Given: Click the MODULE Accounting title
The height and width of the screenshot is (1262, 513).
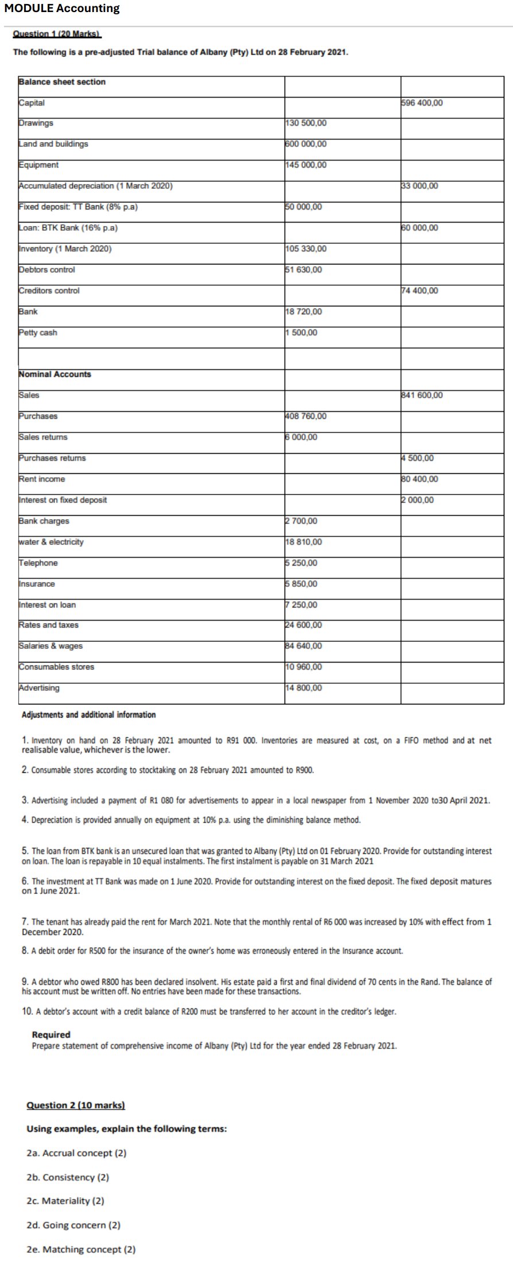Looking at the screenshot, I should pyautogui.click(x=62, y=9).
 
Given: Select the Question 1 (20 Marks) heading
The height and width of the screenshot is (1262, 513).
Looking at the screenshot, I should pyautogui.click(x=57, y=34).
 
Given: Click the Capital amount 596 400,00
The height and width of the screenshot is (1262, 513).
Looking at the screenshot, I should pyautogui.click(x=422, y=103).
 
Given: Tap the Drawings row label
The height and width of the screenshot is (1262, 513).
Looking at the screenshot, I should pyautogui.click(x=36, y=123).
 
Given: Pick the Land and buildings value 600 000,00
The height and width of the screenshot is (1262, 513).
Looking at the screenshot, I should pyautogui.click(x=306, y=144).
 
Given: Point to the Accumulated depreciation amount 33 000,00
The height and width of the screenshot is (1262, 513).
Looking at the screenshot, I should pyautogui.click(x=419, y=186).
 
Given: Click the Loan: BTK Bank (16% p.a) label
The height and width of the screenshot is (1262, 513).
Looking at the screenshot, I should pyautogui.click(x=68, y=228).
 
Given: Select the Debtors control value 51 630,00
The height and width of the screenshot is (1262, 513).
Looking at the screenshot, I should pyautogui.click(x=304, y=270).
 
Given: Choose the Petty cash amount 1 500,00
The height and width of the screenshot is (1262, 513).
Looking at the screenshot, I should pyautogui.click(x=301, y=333).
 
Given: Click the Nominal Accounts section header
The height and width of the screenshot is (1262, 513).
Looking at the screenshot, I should pyautogui.click(x=55, y=374).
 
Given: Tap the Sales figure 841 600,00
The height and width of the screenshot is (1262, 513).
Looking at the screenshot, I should pyautogui.click(x=422, y=395).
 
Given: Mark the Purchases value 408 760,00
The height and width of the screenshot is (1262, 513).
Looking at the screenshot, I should pyautogui.click(x=306, y=416).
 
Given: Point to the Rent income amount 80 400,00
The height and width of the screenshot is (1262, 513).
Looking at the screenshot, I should pyautogui.click(x=419, y=479).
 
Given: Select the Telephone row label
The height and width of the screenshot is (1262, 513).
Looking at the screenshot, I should pyautogui.click(x=38, y=563).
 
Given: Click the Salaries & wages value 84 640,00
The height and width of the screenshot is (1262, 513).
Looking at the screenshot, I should pyautogui.click(x=304, y=646).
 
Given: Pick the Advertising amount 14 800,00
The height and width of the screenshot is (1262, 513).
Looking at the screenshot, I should pyautogui.click(x=304, y=688).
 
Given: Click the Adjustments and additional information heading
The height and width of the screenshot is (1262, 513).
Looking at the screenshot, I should pyautogui.click(x=88, y=715).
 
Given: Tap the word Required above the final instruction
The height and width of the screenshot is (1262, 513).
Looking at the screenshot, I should pyautogui.click(x=51, y=1034).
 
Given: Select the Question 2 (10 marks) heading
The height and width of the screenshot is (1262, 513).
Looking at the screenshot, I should pyautogui.click(x=76, y=1105).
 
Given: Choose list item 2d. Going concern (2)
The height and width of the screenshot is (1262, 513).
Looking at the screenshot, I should pyautogui.click(x=73, y=1225).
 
